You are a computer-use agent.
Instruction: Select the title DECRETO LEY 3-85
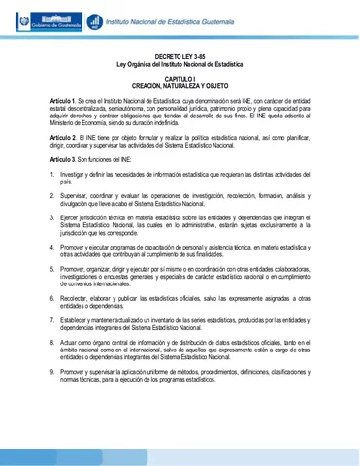pos(179,58)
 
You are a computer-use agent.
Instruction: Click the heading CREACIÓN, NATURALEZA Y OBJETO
pos(179,86)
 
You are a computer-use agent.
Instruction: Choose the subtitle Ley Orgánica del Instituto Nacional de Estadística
pos(179,66)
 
